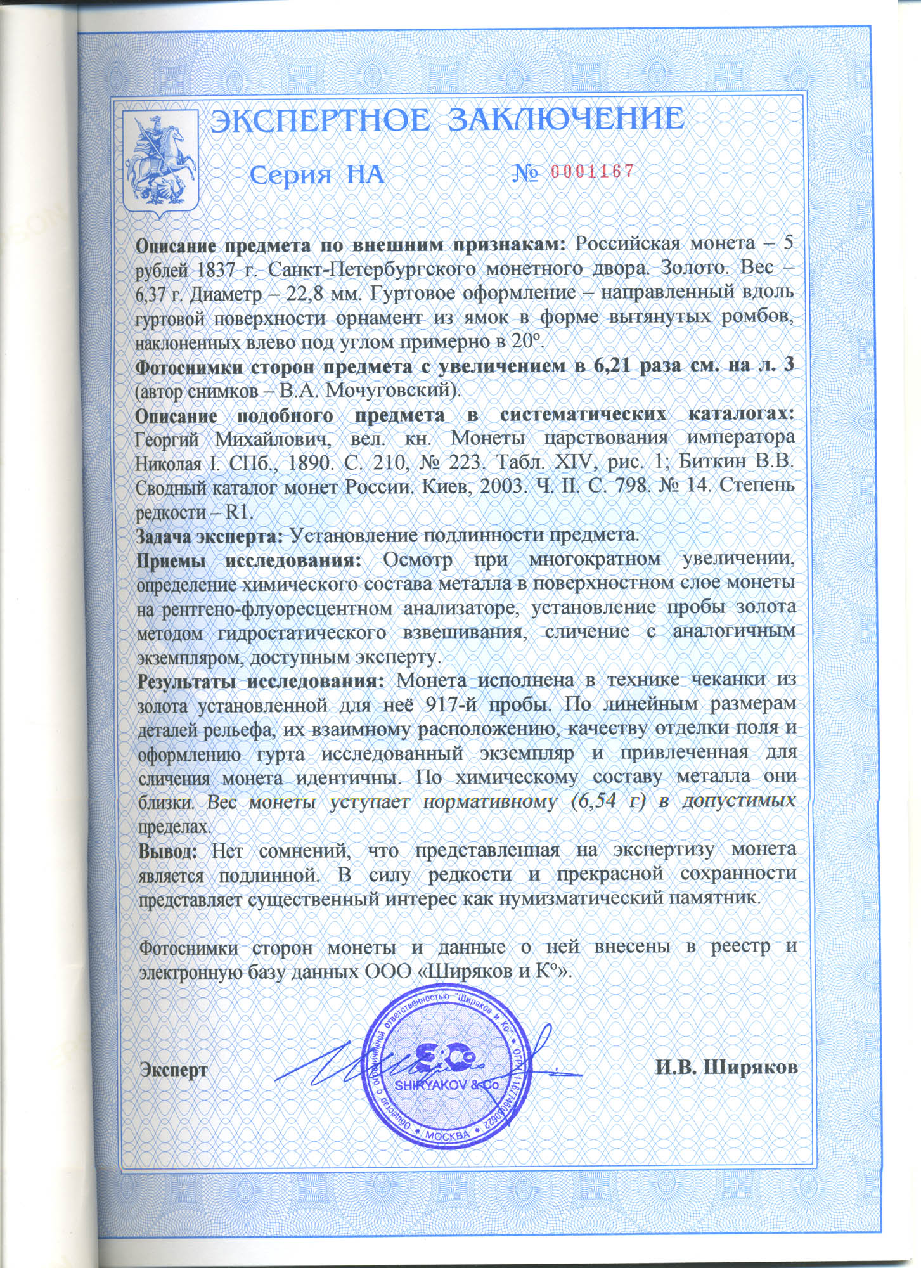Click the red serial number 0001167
click(592, 171)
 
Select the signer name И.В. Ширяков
click(726, 1068)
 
